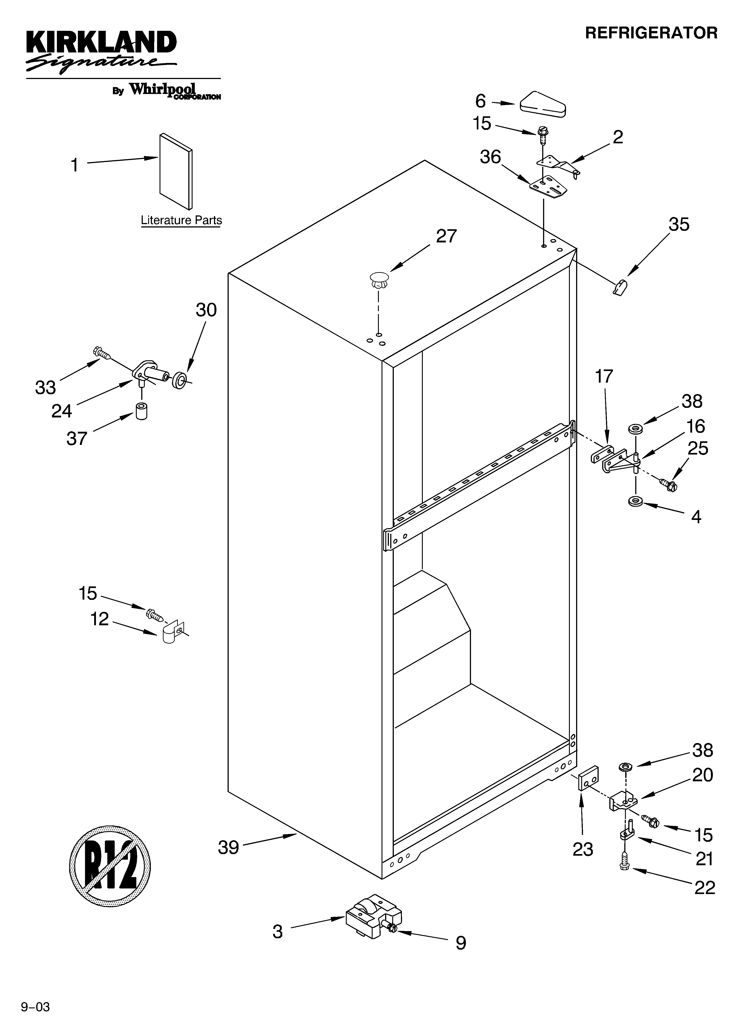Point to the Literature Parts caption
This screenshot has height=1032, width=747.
181,220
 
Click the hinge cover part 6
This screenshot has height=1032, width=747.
541,104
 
